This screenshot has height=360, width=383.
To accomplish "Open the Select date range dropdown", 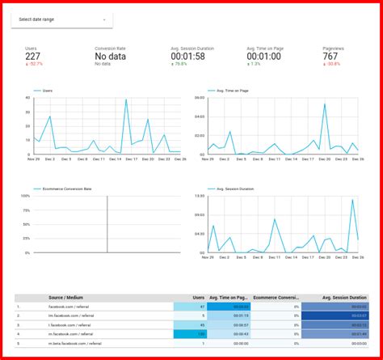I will tap(62, 19).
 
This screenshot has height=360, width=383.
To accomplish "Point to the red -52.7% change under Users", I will tap(34, 64).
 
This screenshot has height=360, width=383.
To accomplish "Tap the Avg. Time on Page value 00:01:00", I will tap(266, 56).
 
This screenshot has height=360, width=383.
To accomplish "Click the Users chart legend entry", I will tap(47, 91).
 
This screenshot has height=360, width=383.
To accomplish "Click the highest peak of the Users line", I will tap(126, 100).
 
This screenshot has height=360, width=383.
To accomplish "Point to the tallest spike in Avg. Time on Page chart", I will tap(325, 104).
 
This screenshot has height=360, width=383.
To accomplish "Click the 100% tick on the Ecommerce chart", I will tap(24, 196).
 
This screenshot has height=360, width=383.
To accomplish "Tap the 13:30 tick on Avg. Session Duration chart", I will tap(198, 196).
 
